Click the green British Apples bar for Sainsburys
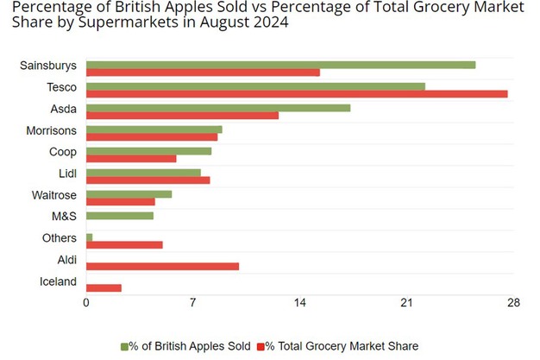[280, 65]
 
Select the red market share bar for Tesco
[297, 93]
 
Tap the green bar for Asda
[218, 108]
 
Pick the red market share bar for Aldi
[162, 266]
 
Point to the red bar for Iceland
[104, 287]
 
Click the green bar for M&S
[120, 215]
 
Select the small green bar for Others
[89, 237]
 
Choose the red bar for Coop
[131, 159]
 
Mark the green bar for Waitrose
[129, 194]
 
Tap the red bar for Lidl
[148, 180]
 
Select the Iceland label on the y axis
[58, 281]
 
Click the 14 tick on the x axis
[299, 303]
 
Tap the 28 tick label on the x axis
[513, 303]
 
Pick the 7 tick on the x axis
[193, 303]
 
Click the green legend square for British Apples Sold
[124, 345]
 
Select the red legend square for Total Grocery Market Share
[261, 345]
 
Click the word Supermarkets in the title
[120, 22]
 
